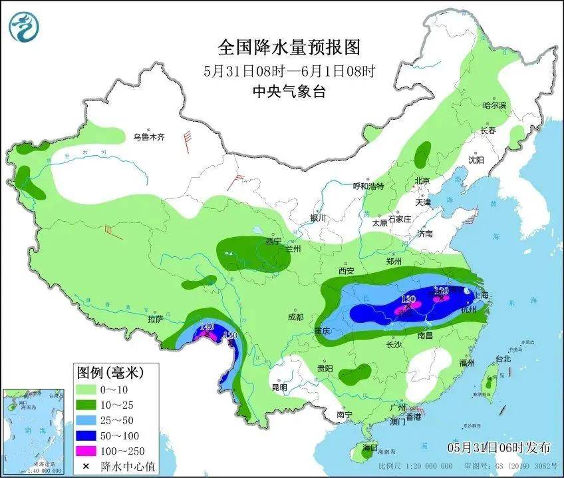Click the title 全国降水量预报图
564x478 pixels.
pos(289,47)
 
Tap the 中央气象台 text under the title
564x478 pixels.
pos(289,92)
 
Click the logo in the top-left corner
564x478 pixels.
pos(24,25)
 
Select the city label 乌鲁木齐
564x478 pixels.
pos(148,138)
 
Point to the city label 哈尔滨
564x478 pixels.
pos(494,105)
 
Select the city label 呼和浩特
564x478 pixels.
pos(368,186)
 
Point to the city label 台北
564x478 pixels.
pos(503,359)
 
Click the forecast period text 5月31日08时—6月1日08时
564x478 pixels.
pos(289,71)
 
